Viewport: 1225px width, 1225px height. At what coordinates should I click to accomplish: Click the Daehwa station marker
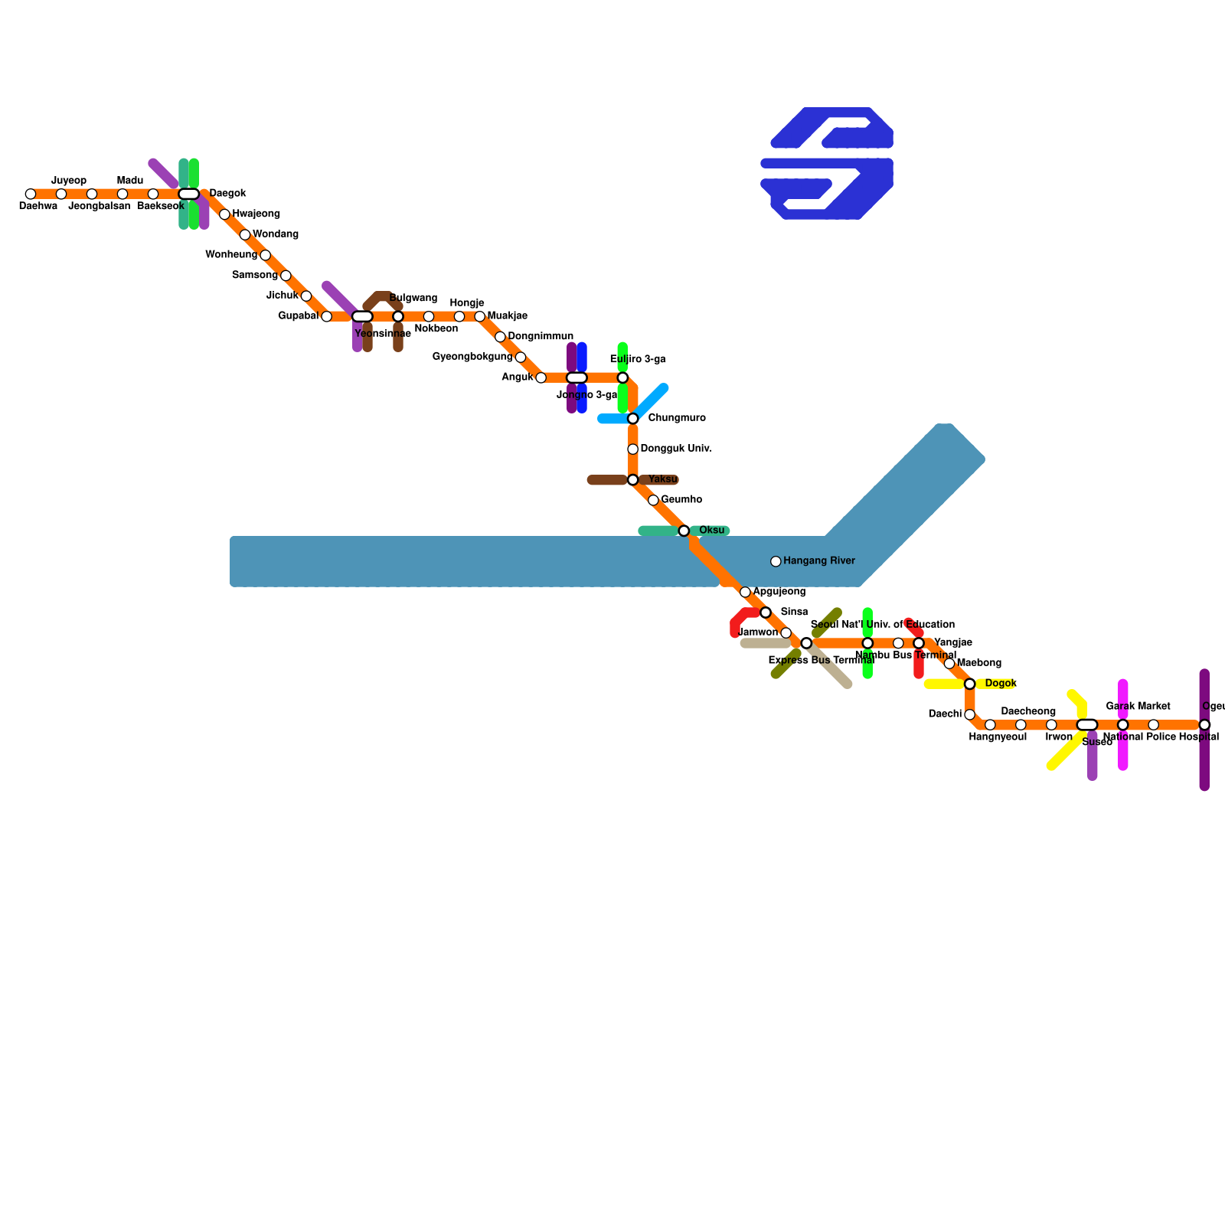(x=31, y=194)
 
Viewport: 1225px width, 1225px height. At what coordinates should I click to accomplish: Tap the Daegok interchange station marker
(x=188, y=194)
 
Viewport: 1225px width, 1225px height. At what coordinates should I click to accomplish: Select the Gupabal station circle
(x=326, y=317)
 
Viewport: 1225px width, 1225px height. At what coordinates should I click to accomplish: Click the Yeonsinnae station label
(x=383, y=334)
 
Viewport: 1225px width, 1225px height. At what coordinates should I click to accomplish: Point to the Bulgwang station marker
(x=398, y=317)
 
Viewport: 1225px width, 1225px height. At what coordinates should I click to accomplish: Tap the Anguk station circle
(x=541, y=378)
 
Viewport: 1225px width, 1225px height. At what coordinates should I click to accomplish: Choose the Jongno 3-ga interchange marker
(x=577, y=378)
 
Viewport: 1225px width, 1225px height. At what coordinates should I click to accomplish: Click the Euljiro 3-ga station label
(x=638, y=360)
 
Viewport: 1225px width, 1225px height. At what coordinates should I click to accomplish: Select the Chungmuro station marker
(x=632, y=419)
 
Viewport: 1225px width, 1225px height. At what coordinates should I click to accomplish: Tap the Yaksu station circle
(x=632, y=480)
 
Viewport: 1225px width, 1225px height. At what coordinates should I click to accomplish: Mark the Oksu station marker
(x=684, y=531)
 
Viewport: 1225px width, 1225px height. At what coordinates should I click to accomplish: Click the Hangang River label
(x=818, y=561)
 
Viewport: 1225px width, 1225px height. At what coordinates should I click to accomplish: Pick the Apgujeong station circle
(x=745, y=593)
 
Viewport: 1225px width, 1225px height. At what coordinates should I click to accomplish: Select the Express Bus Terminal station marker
(x=806, y=643)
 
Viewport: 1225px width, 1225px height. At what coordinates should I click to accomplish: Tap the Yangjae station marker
(x=919, y=643)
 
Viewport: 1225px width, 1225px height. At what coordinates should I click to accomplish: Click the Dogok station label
(x=1001, y=684)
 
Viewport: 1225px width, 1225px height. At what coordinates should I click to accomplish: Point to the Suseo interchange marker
(x=1087, y=725)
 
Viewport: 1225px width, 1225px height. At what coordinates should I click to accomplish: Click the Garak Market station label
(x=1138, y=707)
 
